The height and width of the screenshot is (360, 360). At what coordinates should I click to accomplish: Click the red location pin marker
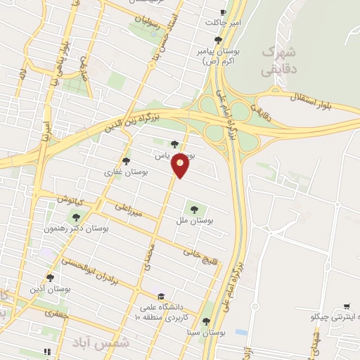[x=181, y=165]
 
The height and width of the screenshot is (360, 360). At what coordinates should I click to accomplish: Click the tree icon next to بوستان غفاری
[x=127, y=162]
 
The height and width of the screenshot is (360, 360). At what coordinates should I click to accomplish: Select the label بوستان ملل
[x=195, y=220]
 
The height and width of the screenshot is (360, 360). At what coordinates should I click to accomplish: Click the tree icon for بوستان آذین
[x=50, y=278]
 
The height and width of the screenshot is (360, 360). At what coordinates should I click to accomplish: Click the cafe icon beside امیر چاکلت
[x=223, y=13]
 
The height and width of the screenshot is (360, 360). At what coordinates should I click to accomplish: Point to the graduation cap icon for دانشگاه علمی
[x=161, y=297]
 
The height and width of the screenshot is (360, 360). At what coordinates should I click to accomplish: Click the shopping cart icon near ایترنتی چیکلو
[x=347, y=307]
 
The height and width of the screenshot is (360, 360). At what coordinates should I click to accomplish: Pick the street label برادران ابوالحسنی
[x=104, y=272]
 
